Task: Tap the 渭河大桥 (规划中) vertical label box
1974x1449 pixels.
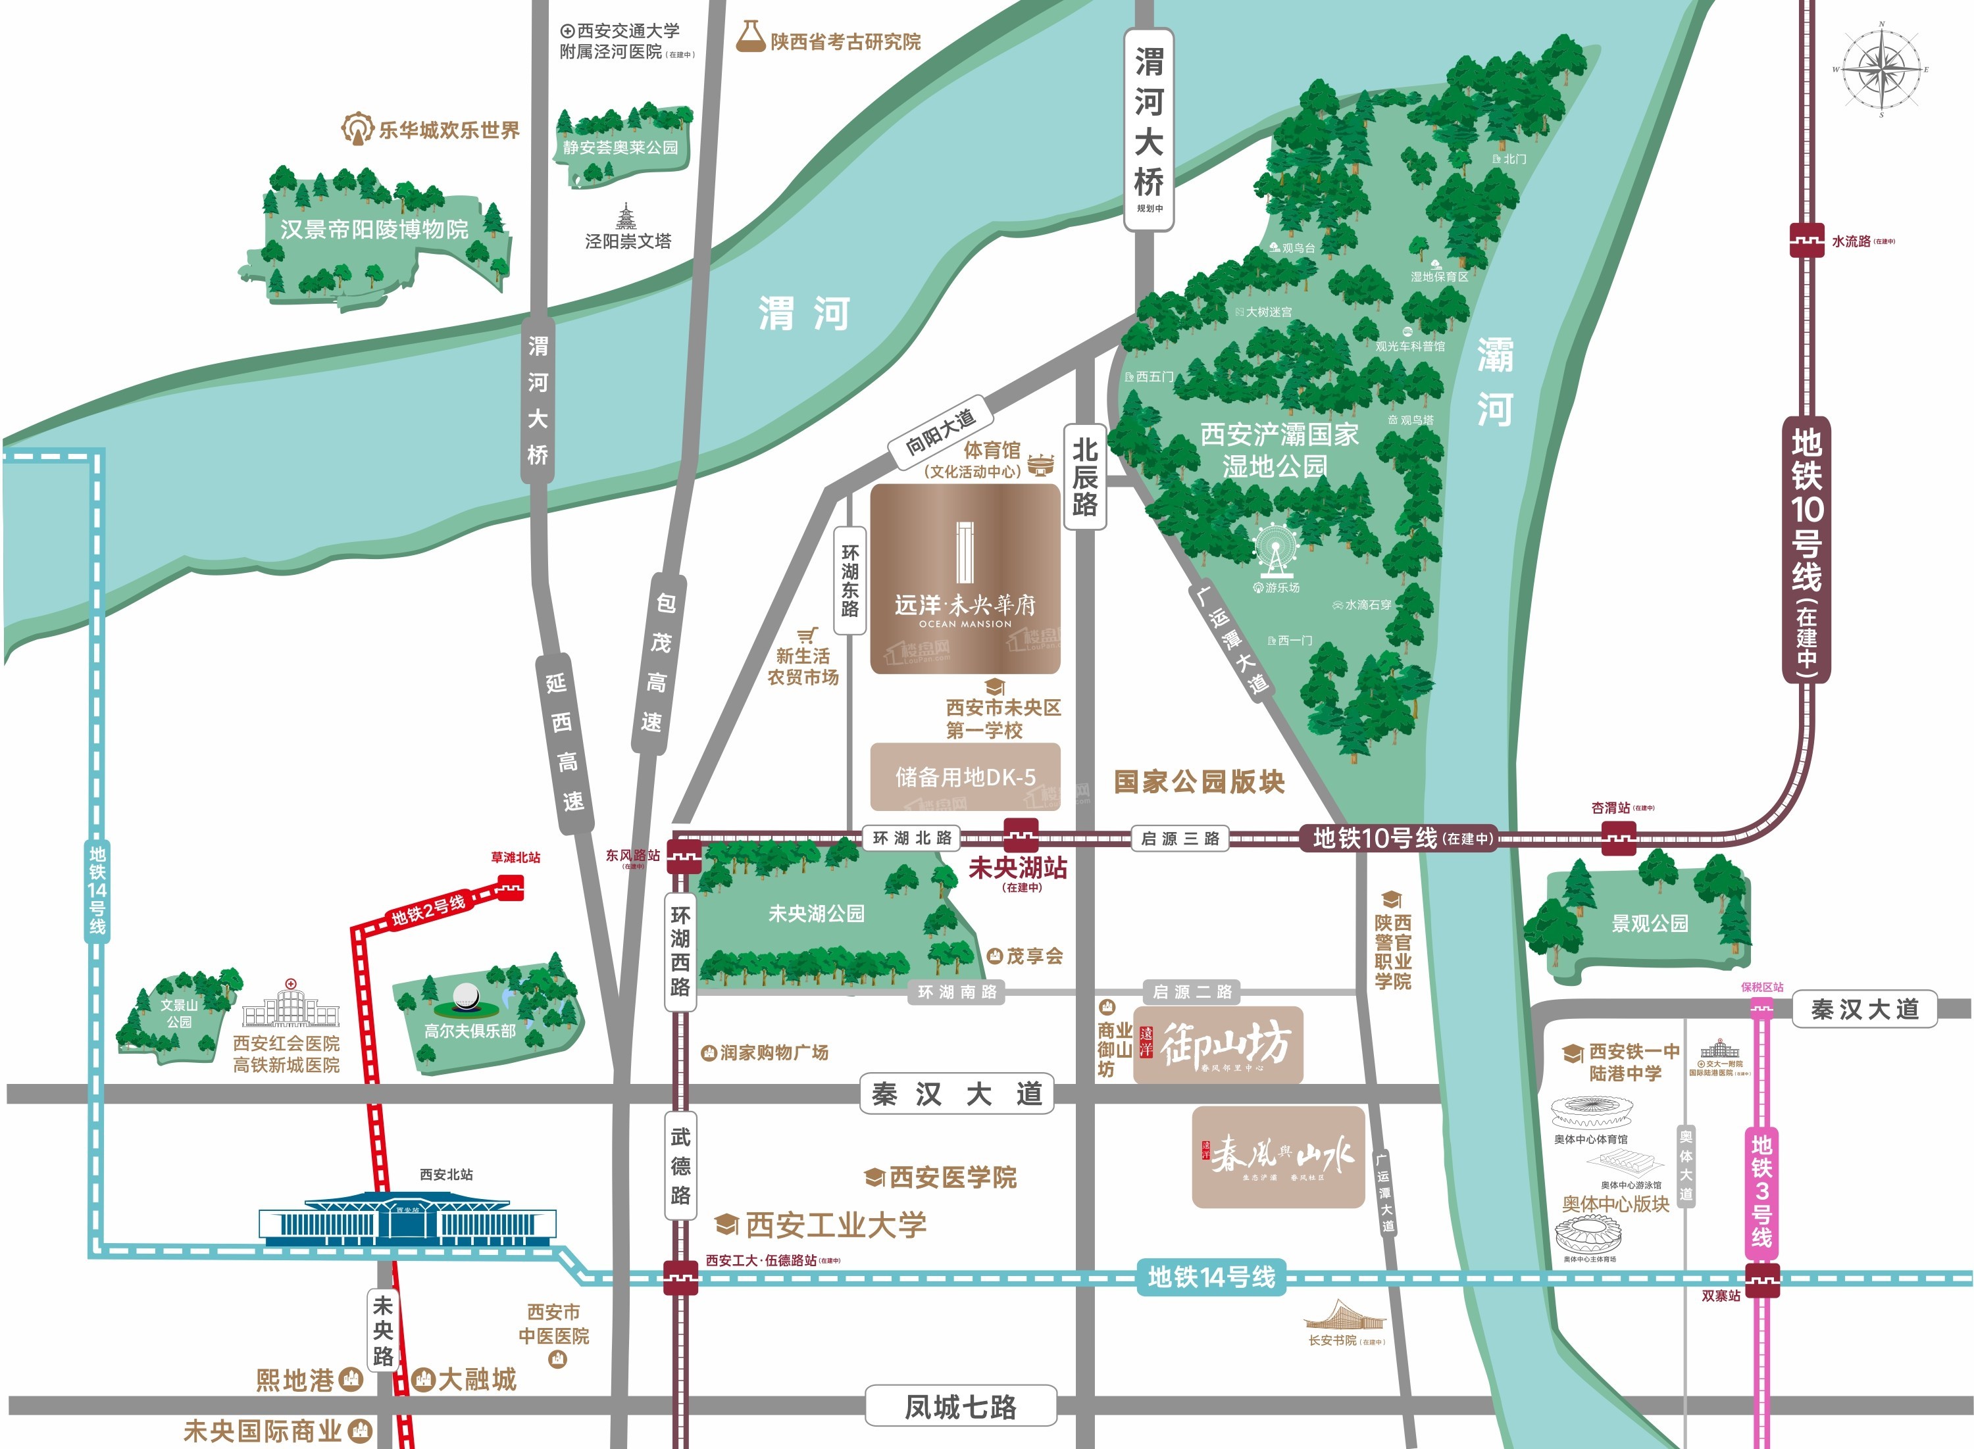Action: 1148,129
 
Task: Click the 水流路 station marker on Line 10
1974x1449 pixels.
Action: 1806,240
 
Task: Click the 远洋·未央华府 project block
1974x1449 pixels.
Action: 965,579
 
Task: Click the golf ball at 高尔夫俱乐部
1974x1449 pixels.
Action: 465,996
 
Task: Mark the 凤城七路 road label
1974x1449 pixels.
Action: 961,1407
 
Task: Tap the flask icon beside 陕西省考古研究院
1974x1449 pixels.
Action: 750,37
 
